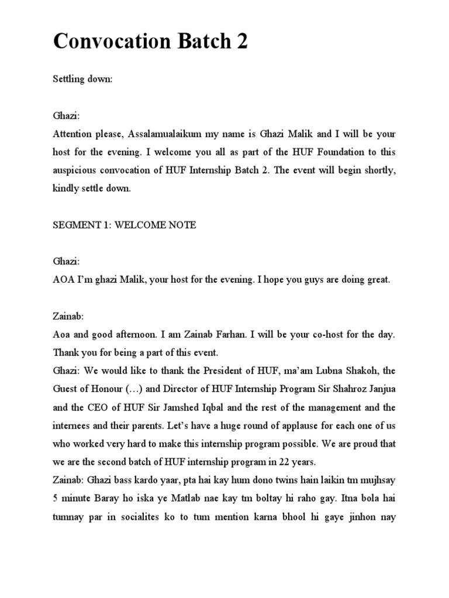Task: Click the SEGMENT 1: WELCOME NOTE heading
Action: click(125, 225)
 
